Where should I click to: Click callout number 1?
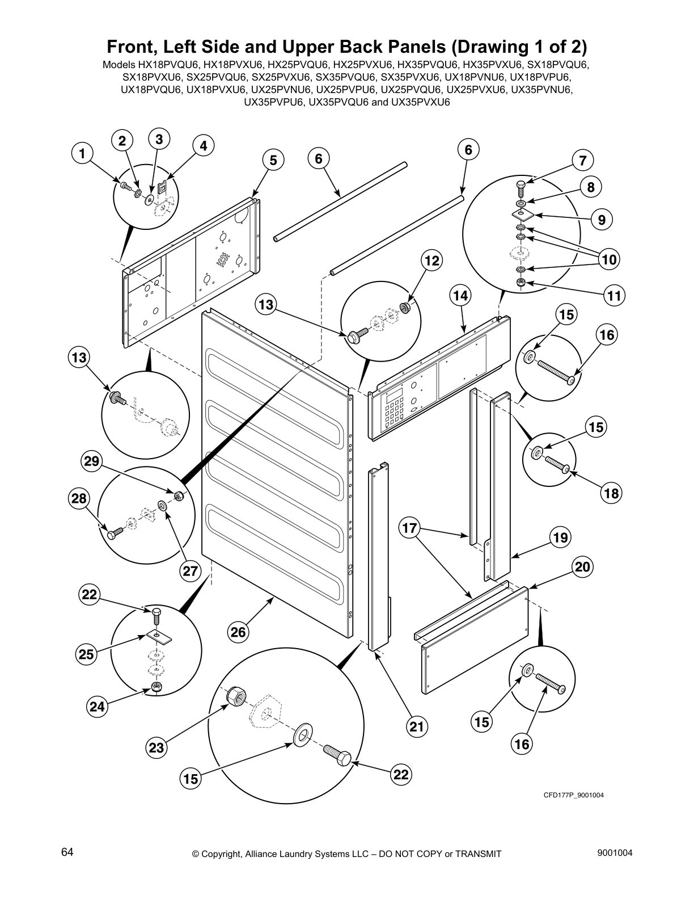(82, 153)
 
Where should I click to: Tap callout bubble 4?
(204, 146)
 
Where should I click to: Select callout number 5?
(273, 161)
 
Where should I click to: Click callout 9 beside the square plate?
(602, 220)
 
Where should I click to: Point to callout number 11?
(613, 295)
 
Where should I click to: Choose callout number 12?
(432, 261)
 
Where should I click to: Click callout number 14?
(461, 295)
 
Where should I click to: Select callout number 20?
(583, 566)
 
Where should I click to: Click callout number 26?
(239, 632)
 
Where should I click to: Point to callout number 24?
(97, 707)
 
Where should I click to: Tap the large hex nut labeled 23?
(237, 695)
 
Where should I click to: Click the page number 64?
(67, 853)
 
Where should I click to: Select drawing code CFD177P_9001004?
(573, 795)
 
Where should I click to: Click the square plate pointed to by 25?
(160, 636)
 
